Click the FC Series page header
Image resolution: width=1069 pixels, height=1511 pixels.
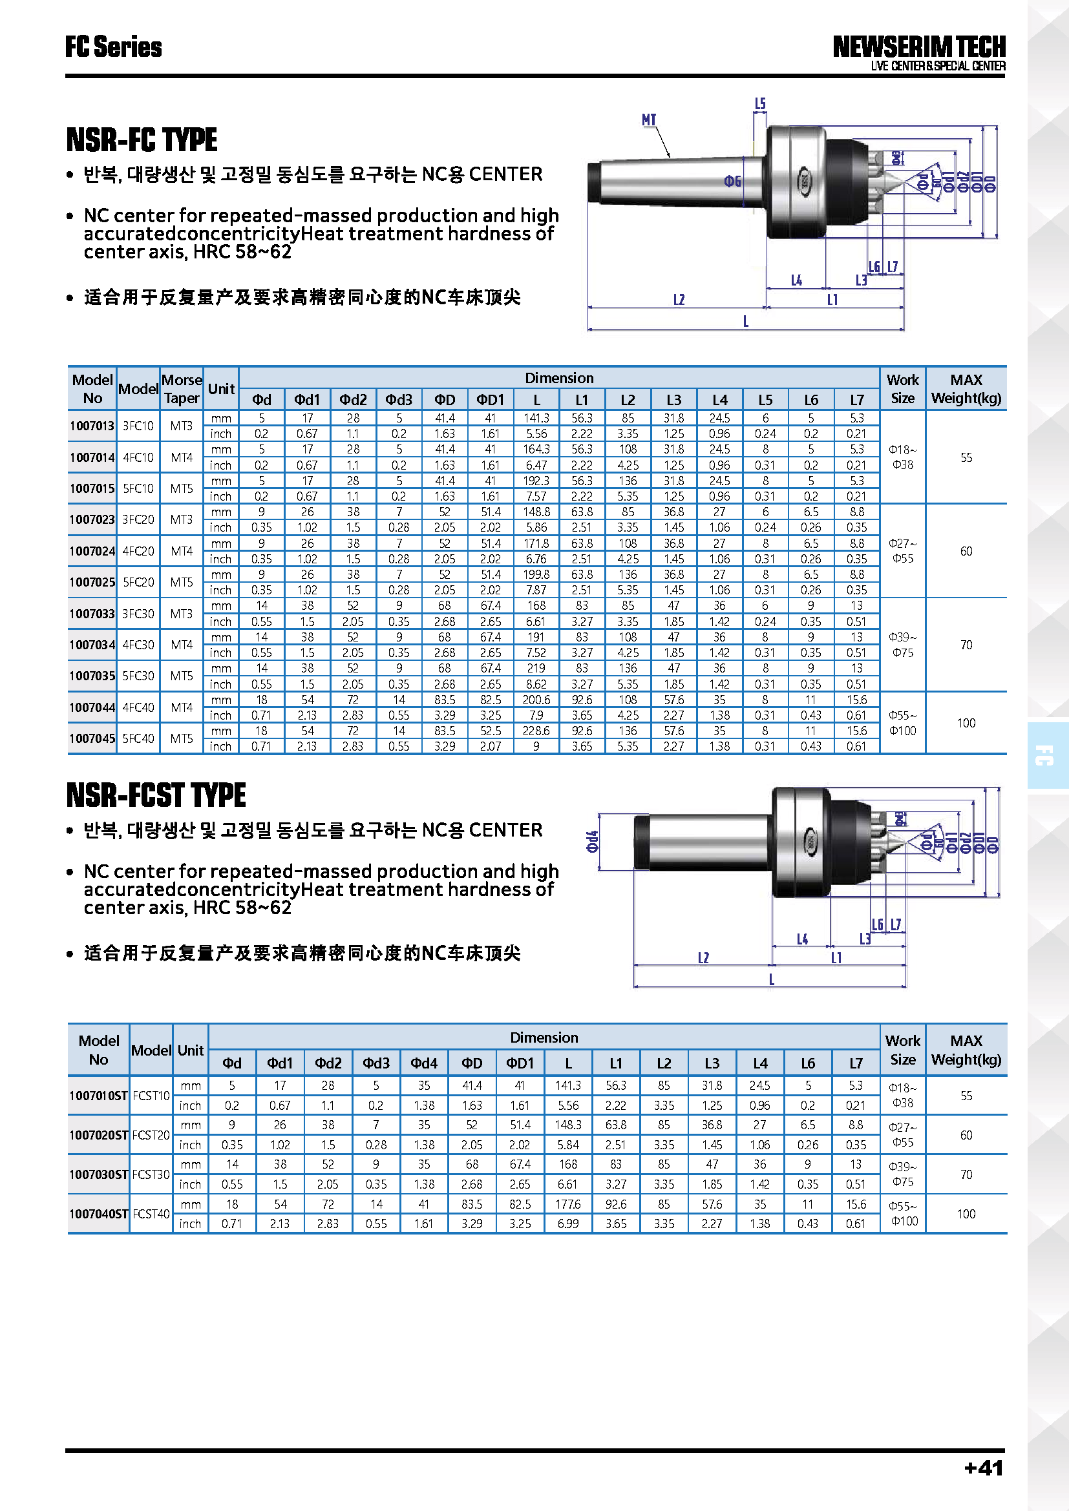pos(113,47)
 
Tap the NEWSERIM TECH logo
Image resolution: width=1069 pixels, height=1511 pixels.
pos(919,47)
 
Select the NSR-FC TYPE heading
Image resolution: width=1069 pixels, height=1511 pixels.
pos(142,140)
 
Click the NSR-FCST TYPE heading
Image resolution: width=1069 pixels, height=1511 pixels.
pos(156,795)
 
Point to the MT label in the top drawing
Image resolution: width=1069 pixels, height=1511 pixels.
pos(648,120)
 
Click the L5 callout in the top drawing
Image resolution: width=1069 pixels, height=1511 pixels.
pos(759,104)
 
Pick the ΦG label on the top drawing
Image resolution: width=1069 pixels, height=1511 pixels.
pos(732,181)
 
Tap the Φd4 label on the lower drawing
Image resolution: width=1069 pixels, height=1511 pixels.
pos(593,841)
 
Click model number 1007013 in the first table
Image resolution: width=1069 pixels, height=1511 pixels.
pos(92,426)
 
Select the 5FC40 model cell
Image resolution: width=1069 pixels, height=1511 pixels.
pos(138,738)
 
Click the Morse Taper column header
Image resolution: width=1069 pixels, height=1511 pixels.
pos(182,389)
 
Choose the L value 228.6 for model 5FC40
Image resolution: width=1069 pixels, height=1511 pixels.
pos(536,731)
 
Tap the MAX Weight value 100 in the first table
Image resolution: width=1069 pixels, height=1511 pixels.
pos(966,723)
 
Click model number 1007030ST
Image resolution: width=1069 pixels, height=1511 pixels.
pos(99,1174)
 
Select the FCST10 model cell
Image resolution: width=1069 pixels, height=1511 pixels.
pos(151,1096)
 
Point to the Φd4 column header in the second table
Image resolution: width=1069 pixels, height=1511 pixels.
pos(424,1063)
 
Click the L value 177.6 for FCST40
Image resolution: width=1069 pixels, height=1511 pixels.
pos(568,1204)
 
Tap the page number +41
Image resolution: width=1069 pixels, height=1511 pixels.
pos(984,1468)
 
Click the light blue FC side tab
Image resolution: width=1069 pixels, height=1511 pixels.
pos(1046,756)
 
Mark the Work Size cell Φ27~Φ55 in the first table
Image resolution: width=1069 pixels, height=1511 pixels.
pos(902,551)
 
